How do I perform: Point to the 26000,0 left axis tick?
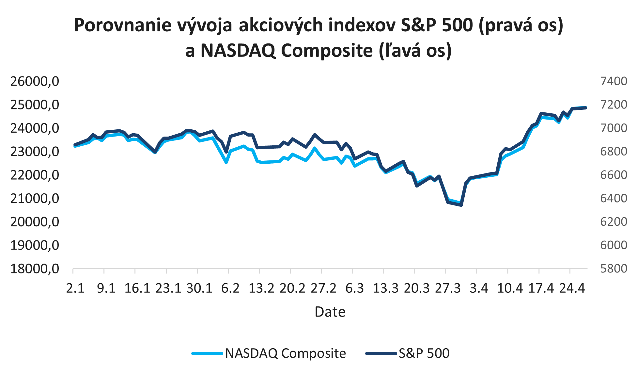pyautogui.click(x=35, y=81)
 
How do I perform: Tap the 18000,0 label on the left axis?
pyautogui.click(x=35, y=269)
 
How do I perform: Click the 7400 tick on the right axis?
pyautogui.click(x=614, y=81)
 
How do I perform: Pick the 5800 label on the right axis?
pyautogui.click(x=614, y=269)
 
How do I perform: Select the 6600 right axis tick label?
pyautogui.click(x=614, y=175)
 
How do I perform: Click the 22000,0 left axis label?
pyautogui.click(x=35, y=175)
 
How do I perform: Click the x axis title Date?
pyautogui.click(x=330, y=312)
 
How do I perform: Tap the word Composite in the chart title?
pyautogui.click(x=327, y=51)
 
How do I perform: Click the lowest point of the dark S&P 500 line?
pyautogui.click(x=461, y=205)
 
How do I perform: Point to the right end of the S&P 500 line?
pyautogui.click(x=586, y=107)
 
